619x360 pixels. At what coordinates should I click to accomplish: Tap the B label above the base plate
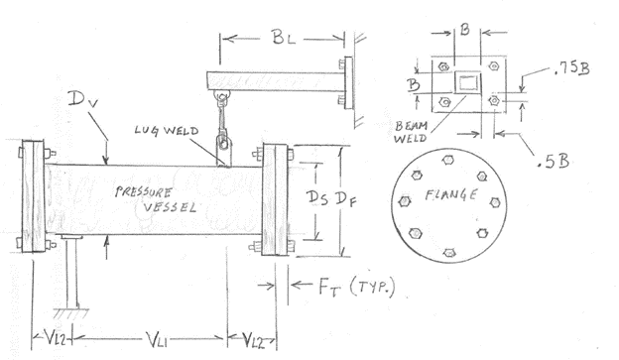[x=465, y=33]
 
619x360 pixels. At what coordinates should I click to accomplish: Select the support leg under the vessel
[x=70, y=273]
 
